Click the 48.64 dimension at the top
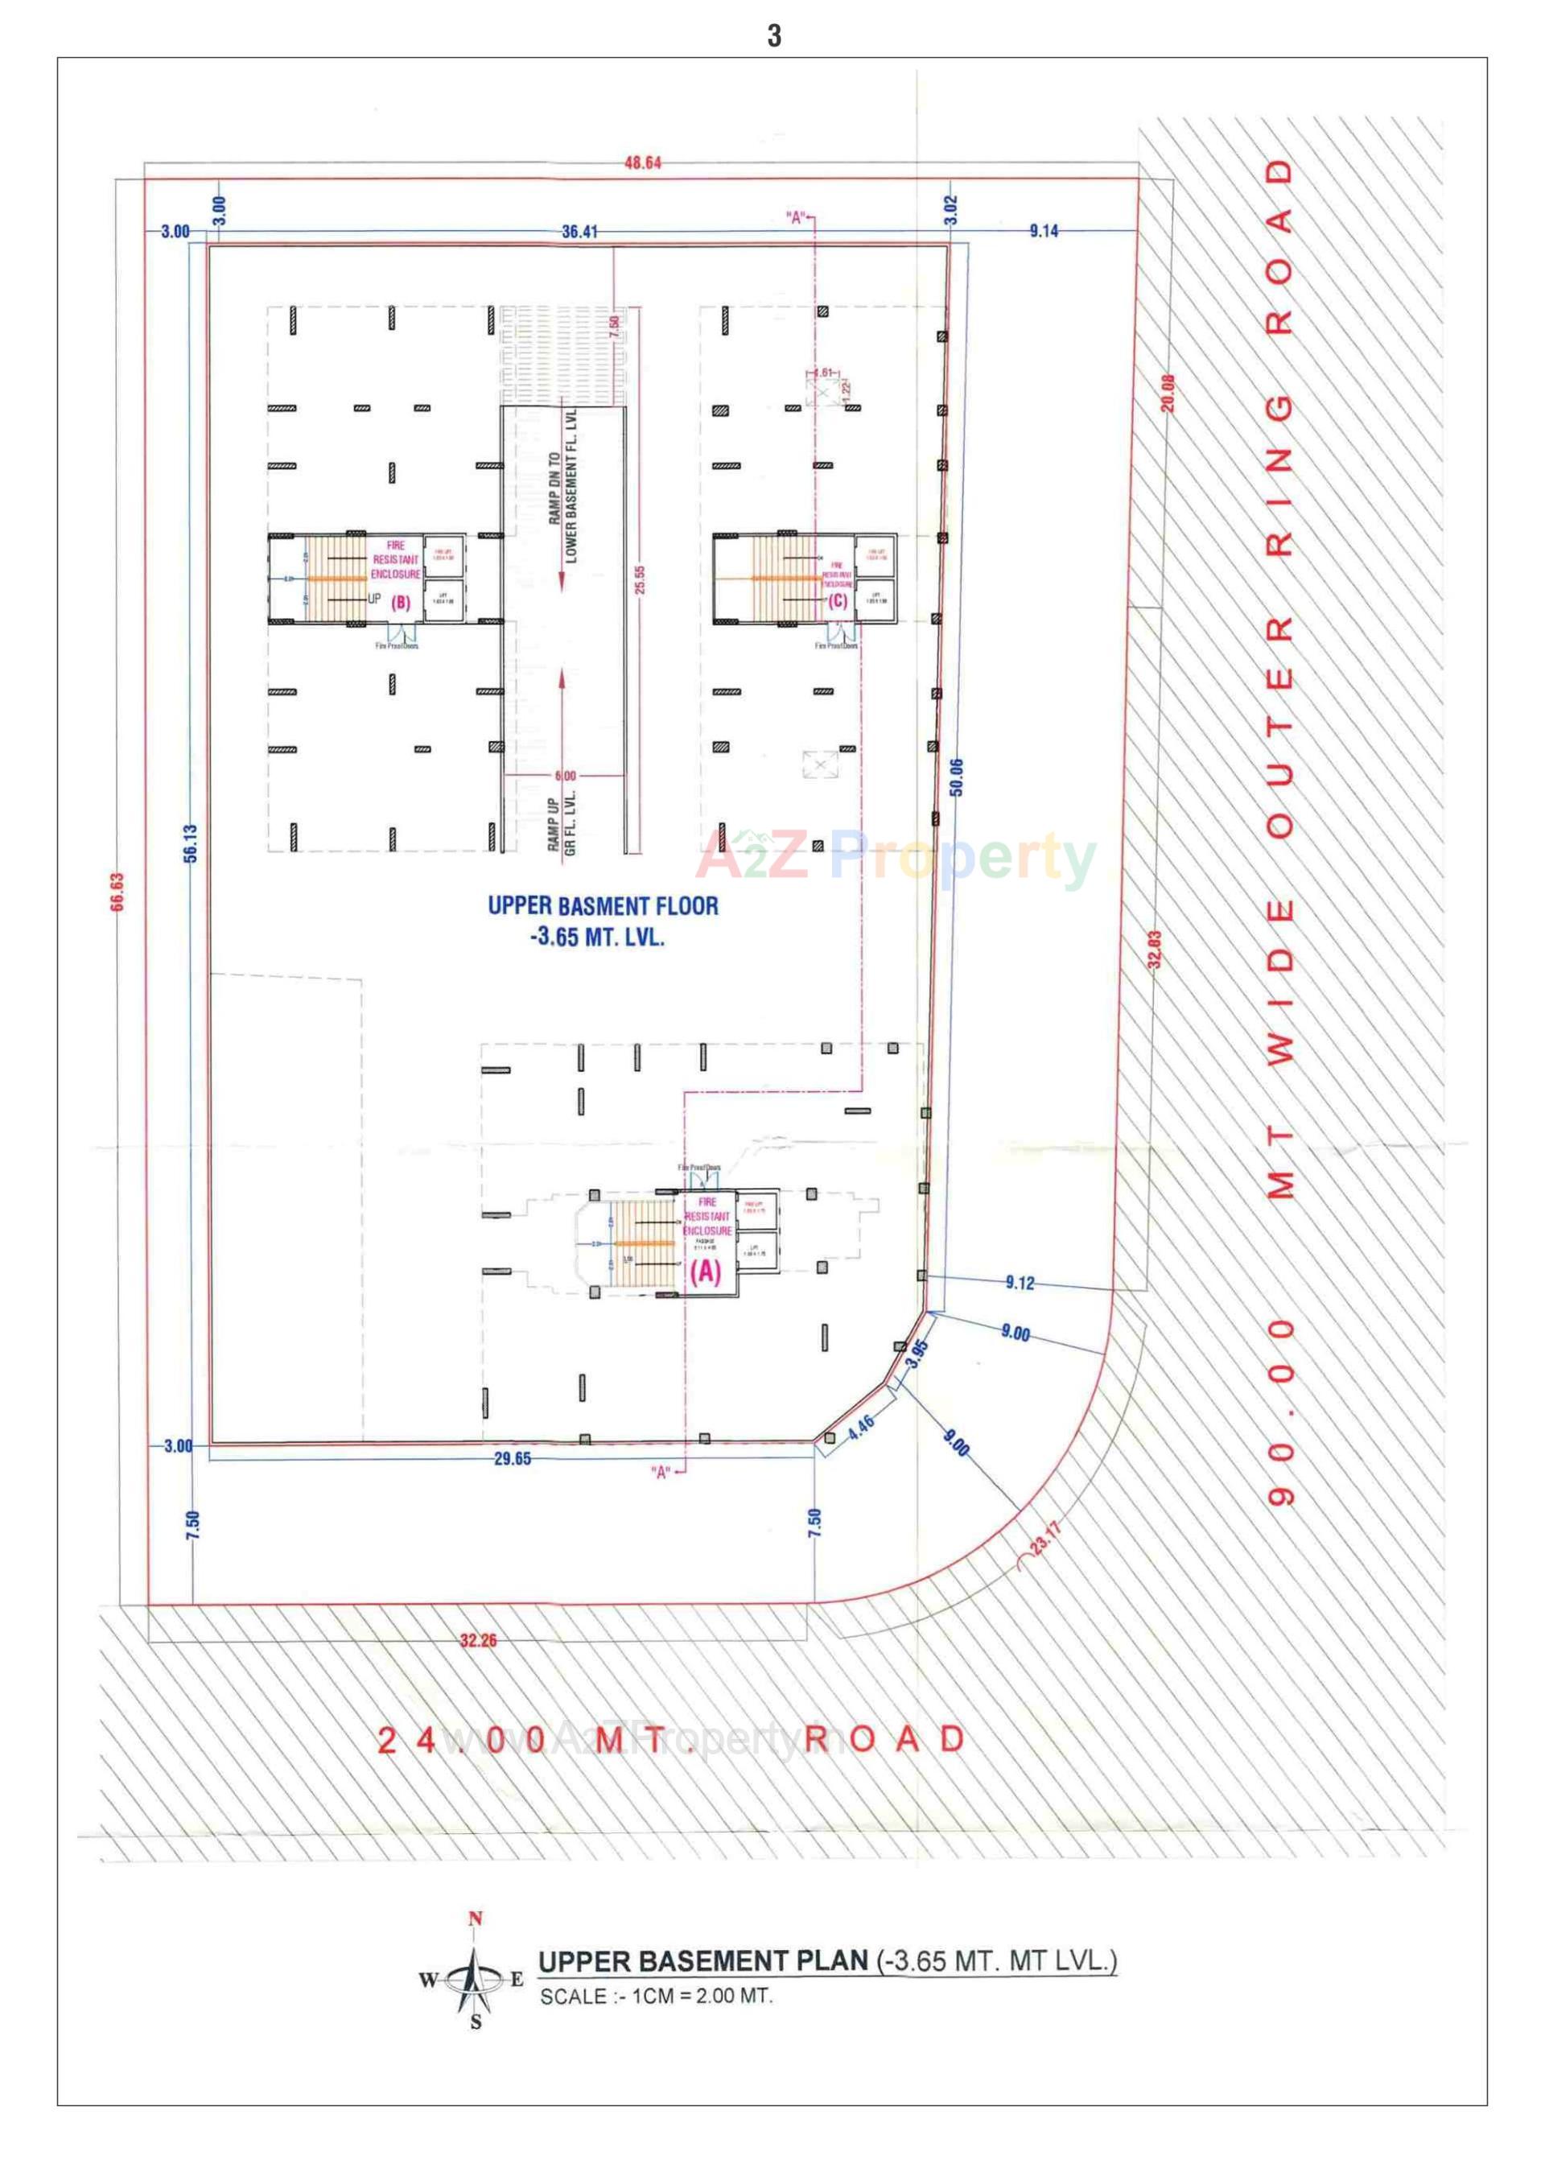click(642, 163)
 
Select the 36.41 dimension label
click(579, 231)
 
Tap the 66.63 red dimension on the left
click(117, 892)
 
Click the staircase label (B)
click(401, 602)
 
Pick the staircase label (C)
click(837, 600)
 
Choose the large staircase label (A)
click(705, 1272)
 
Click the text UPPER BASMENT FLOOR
click(604, 905)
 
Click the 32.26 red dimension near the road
click(477, 1640)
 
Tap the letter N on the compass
click(476, 1919)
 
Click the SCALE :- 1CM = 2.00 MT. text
click(656, 1997)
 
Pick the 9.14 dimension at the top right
click(1044, 230)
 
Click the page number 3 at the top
click(773, 35)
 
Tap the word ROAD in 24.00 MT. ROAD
click(885, 1739)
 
